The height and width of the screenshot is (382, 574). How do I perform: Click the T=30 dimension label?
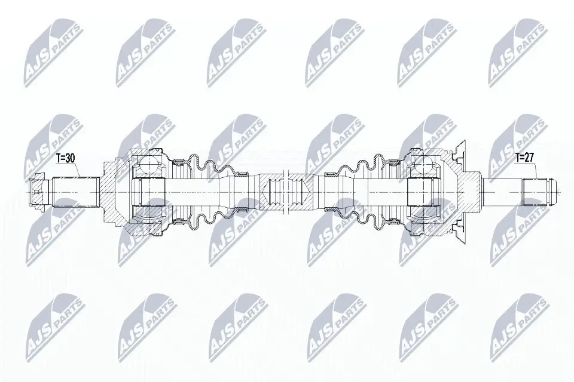(65, 159)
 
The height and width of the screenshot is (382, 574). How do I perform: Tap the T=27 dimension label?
(524, 159)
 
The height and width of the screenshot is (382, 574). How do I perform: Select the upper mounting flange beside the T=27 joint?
(460, 152)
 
